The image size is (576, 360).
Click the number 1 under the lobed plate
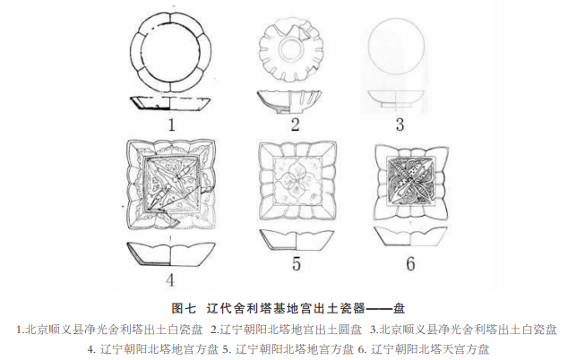tap(172, 124)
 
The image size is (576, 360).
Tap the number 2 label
tap(295, 124)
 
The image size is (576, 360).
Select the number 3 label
tap(400, 124)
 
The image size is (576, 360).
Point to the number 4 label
tap(169, 280)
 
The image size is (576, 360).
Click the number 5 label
tap(297, 263)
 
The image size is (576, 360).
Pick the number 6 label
tap(410, 263)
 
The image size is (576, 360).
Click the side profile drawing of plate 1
tap(170, 103)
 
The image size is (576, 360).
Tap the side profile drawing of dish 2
tap(288, 100)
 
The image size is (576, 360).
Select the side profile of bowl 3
tap(395, 99)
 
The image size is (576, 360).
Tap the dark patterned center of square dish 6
tap(411, 180)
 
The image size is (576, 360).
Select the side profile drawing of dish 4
tap(171, 254)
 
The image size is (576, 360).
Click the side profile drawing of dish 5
tap(297, 241)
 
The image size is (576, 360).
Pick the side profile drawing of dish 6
tap(410, 236)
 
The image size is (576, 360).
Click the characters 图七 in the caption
tap(184, 308)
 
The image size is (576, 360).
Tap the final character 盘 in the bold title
tap(399, 308)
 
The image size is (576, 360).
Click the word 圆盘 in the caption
tap(350, 330)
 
